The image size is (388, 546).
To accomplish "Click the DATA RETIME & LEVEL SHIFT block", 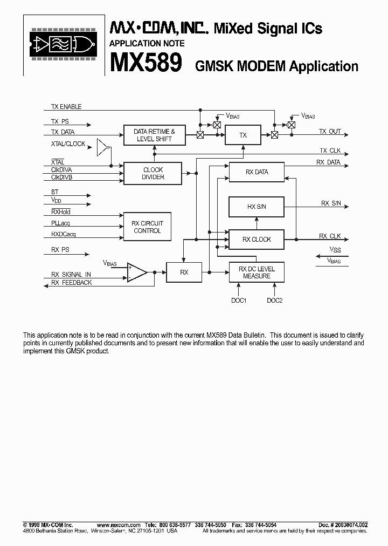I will coord(154,135).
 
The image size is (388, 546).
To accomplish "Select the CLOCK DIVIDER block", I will coord(153,173).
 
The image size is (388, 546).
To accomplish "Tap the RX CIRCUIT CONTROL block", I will coord(147,227).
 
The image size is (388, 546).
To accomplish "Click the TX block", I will coord(242,135).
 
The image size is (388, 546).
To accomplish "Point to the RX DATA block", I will coord(257,172).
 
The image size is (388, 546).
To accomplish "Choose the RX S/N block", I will coord(257,207).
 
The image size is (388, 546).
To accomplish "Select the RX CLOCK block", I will coord(257,240).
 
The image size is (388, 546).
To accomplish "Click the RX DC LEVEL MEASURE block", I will coord(257,272).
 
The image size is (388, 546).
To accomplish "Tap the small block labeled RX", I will coord(184,272).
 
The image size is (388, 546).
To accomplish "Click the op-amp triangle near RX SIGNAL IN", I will coord(137,272).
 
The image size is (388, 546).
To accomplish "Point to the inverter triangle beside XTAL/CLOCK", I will coord(102,147).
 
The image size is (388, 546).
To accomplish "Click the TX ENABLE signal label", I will coord(66,107).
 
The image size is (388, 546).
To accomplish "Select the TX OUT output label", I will coord(330,132).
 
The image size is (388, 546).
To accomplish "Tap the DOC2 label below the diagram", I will coord(274,301).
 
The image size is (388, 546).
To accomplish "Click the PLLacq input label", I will coord(60,223).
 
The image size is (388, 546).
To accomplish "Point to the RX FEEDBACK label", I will coord(72,283).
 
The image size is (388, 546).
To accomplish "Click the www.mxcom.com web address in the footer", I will coord(119,525).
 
